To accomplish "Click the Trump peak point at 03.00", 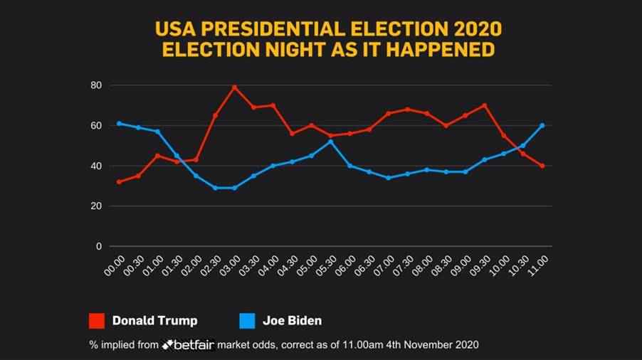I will (234, 88).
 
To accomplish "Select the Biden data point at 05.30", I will (330, 142).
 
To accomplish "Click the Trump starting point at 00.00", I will (119, 182).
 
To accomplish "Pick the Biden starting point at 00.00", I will (119, 123).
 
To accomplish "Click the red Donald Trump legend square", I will (97, 320).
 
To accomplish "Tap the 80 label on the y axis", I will (96, 85).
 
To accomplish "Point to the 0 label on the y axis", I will (99, 247).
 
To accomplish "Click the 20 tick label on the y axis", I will (96, 206).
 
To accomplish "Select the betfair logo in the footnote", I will (189, 344).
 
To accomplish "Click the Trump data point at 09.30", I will (484, 105).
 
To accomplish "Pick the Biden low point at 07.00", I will (388, 178).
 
